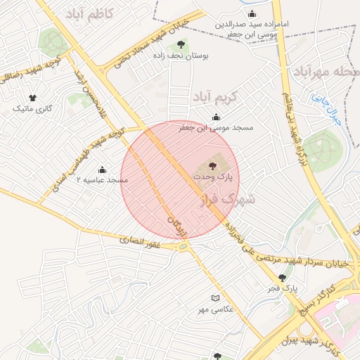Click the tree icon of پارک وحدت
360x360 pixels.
(x=214, y=166)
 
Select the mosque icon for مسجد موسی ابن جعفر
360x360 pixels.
(x=215, y=117)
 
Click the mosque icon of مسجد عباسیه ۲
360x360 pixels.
(x=103, y=169)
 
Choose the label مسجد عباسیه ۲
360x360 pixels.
(x=106, y=181)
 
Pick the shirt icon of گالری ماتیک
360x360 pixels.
(x=32, y=98)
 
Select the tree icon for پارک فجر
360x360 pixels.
(x=283, y=278)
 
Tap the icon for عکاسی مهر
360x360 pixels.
(x=216, y=298)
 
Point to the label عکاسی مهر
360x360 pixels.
(x=216, y=309)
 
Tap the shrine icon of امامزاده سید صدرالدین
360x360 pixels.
(x=252, y=14)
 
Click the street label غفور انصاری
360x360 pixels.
(x=141, y=241)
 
